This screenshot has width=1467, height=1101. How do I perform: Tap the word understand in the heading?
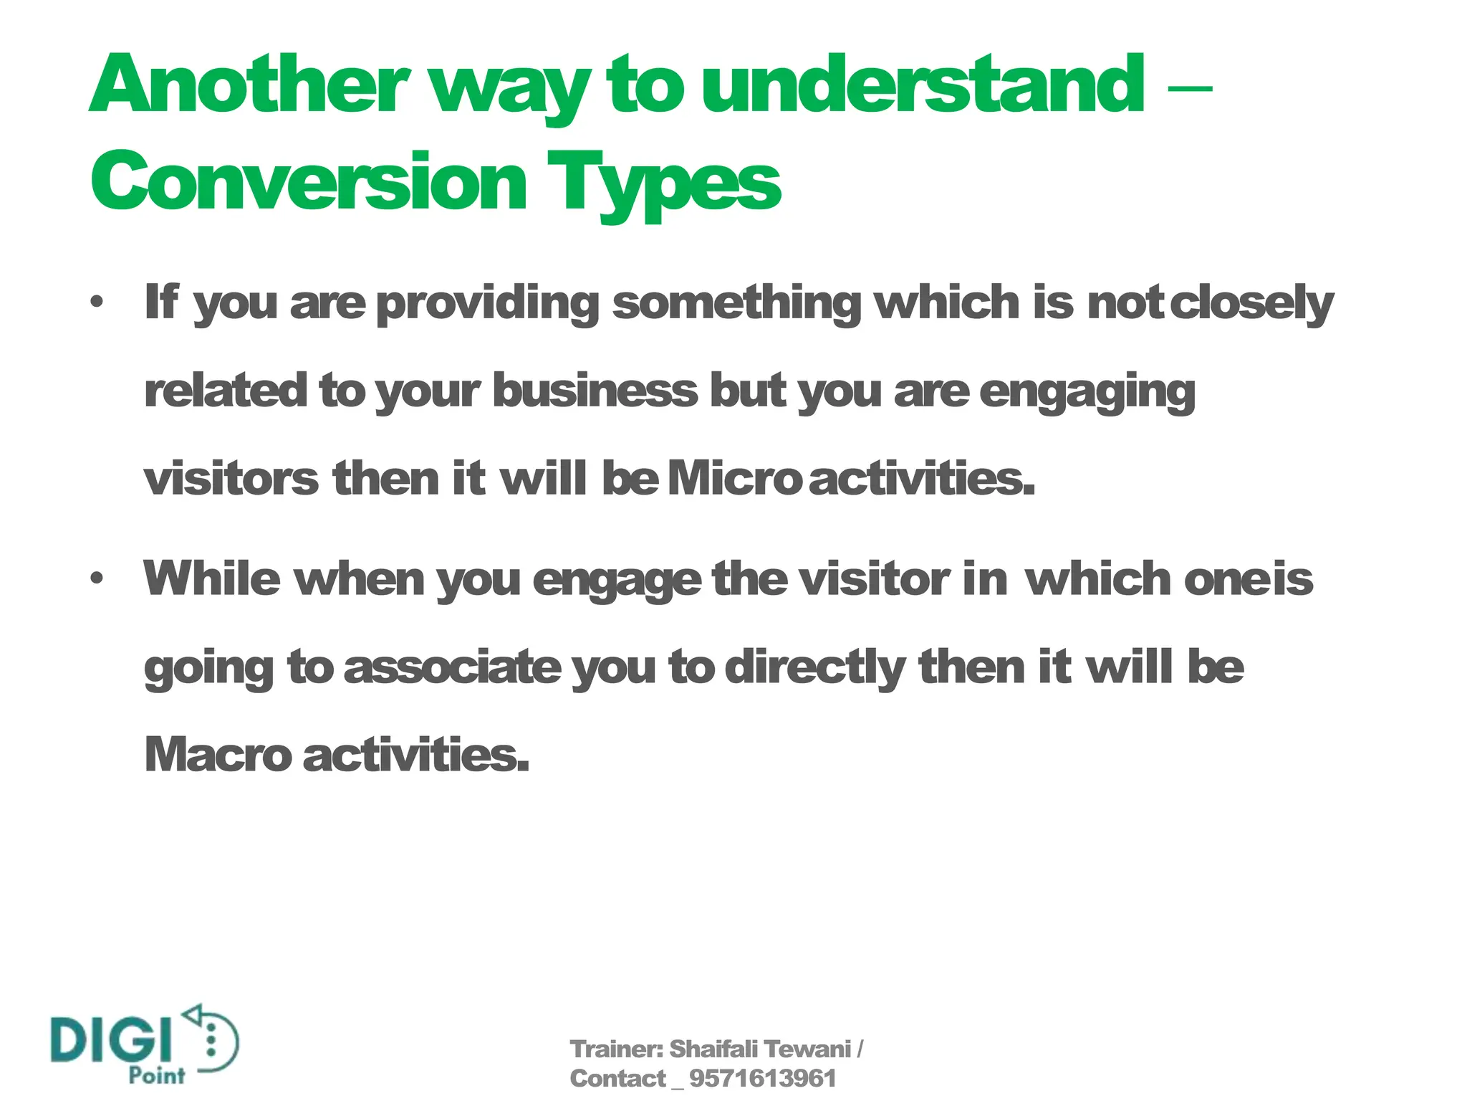[923, 86]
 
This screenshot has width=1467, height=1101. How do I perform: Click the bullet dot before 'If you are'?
[97, 302]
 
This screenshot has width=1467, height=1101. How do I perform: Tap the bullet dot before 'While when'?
[97, 578]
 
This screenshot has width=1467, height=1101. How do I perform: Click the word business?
[595, 391]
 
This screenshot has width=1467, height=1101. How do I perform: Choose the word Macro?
[218, 755]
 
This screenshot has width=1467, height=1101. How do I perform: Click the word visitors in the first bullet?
[231, 479]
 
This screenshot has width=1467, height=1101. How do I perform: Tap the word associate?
[453, 667]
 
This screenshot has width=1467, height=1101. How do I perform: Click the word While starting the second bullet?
[212, 578]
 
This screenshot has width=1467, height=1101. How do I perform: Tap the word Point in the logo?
[157, 1076]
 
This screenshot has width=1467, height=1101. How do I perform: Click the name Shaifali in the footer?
[713, 1049]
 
